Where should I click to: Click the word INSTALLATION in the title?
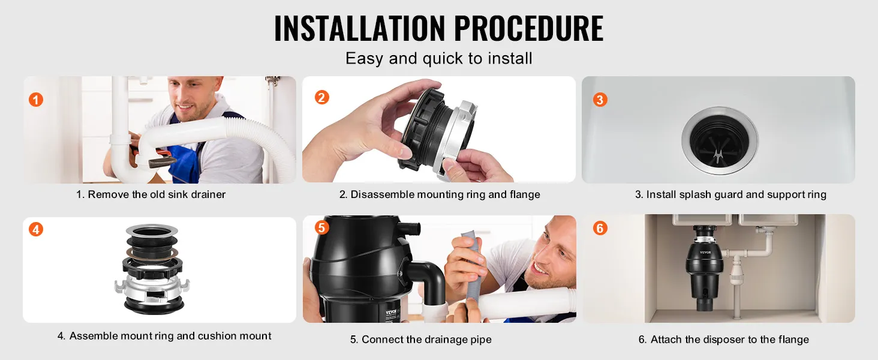(359, 28)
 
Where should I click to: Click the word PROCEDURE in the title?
(529, 28)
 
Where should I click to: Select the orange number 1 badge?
(35, 100)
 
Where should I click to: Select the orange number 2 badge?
(322, 97)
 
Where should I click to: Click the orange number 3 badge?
(600, 100)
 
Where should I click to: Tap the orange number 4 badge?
(35, 229)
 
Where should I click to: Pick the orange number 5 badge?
(321, 227)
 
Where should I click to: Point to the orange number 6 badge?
(600, 228)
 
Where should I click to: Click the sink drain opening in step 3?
(720, 141)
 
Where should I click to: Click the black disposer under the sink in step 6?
(705, 266)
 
